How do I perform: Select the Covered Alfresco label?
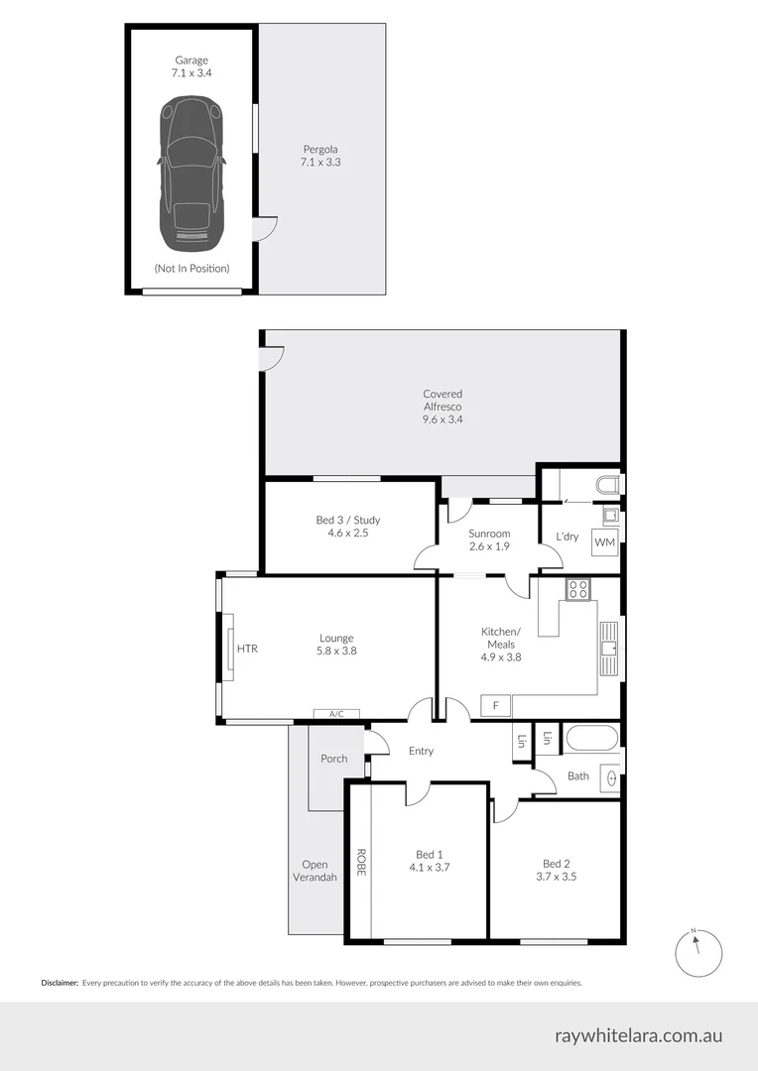coord(442,407)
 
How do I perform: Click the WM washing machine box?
coord(604,542)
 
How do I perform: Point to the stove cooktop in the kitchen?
coord(577,589)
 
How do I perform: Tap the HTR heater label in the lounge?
coord(247,649)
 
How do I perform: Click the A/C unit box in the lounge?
coord(336,713)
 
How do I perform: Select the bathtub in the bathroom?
coord(590,740)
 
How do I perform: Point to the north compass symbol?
coord(697,952)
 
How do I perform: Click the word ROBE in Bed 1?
coord(361,861)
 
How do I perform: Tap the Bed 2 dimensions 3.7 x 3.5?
coord(556,877)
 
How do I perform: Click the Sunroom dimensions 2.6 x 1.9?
coord(488,546)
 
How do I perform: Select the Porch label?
coord(334,759)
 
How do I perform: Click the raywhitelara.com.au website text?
coord(638,1036)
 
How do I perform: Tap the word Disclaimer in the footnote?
coord(60,983)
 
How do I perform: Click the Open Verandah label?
coord(315,871)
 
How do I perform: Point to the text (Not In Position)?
coord(191,268)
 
